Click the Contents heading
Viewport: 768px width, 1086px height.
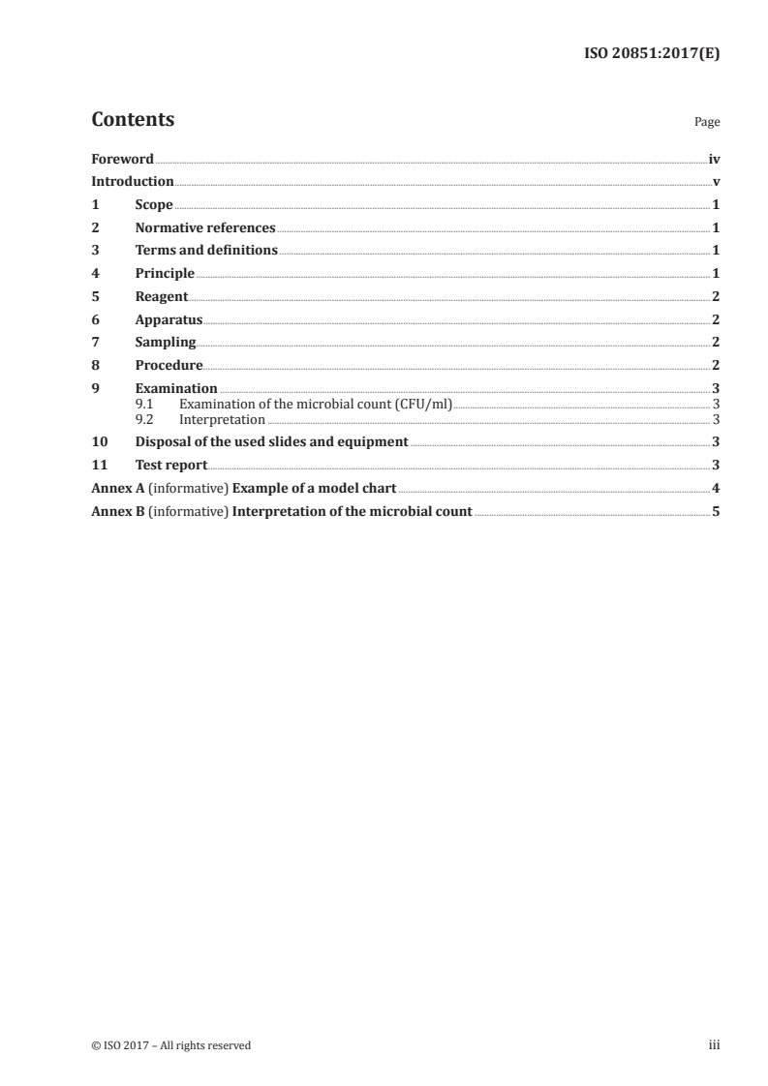133,120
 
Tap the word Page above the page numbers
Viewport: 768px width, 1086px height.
707,123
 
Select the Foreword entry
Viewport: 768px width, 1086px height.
122,159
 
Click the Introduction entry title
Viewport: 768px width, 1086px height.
132,182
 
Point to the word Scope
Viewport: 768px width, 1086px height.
154,205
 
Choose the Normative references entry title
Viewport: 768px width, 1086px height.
205,228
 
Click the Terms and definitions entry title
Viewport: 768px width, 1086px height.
206,251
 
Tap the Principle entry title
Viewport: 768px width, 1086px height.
165,274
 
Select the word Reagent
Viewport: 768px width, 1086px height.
162,296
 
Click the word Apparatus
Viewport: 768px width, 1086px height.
169,319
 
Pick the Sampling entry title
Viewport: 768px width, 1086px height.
166,343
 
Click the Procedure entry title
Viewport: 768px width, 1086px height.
169,366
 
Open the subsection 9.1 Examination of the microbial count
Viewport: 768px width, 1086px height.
316,404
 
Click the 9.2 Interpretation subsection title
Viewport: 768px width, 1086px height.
222,420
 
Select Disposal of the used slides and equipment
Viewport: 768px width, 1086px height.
272,442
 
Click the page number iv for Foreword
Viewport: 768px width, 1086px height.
714,159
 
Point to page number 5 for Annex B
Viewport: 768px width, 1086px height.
716,511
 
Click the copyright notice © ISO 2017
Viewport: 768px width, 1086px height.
170,1045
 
